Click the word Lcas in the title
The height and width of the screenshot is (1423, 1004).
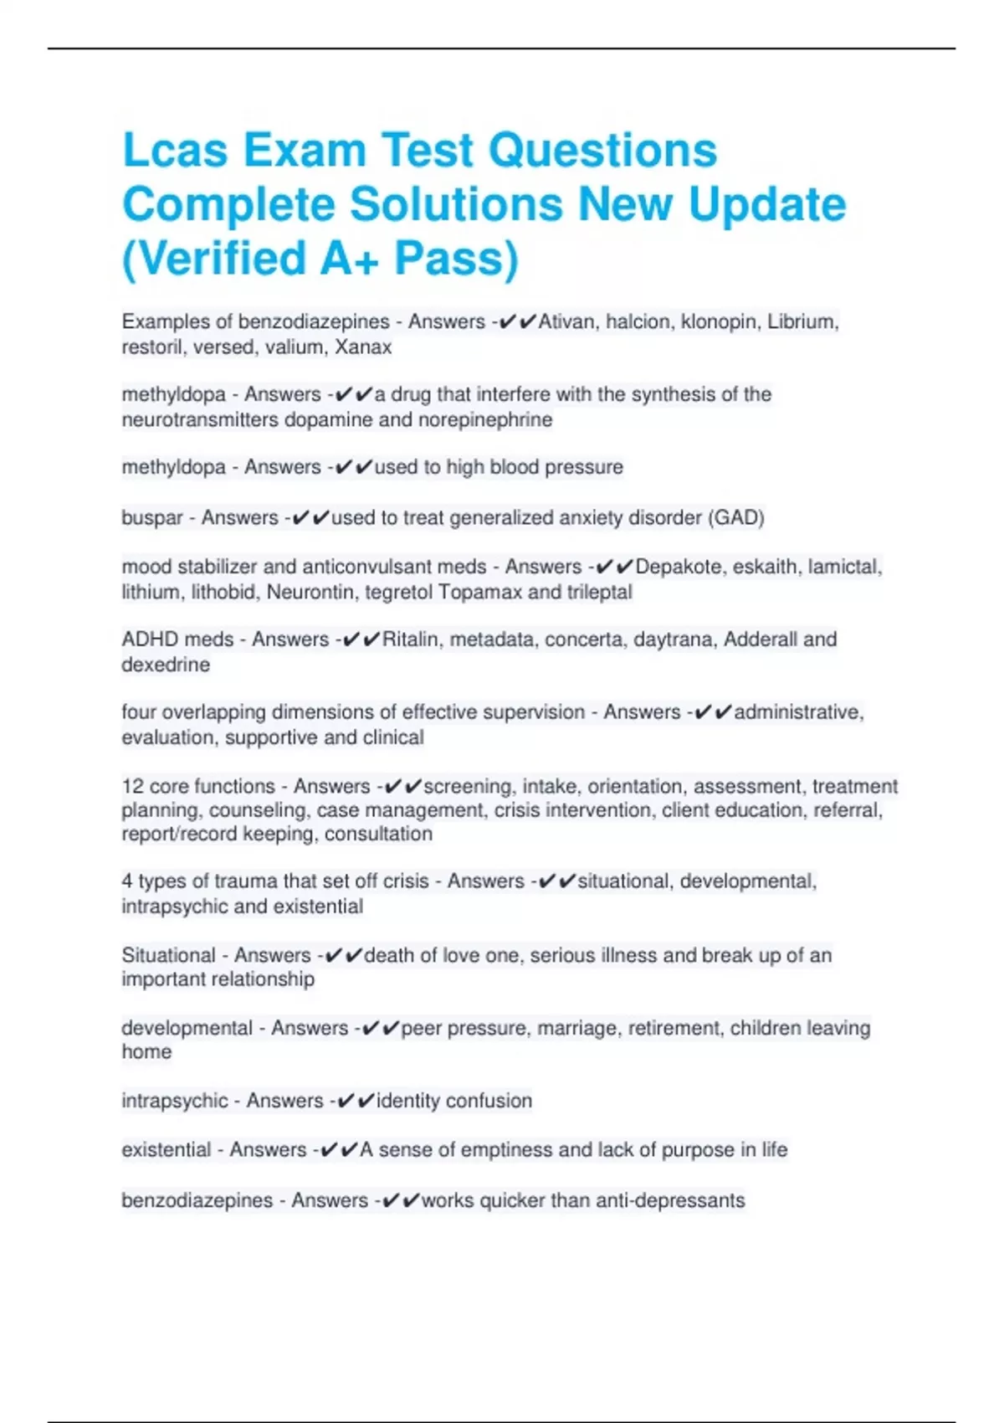coord(175,151)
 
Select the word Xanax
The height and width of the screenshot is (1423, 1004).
coord(363,347)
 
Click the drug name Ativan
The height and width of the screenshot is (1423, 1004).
coord(566,321)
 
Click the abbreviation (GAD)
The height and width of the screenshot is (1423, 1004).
coord(736,517)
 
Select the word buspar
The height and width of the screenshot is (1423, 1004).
coord(152,517)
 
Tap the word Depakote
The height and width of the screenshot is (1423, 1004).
coord(678,567)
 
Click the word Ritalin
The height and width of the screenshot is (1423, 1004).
coord(410,640)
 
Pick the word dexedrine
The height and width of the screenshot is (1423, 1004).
coord(166,665)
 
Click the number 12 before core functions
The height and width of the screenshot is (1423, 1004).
coord(132,786)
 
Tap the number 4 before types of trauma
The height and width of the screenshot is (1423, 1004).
coord(127,881)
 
